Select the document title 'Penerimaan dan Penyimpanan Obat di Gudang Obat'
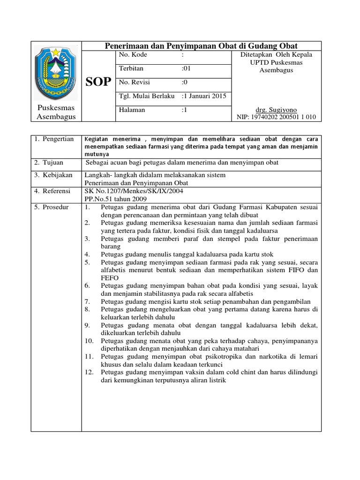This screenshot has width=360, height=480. tap(202, 45)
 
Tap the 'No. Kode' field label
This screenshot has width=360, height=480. tap(133, 55)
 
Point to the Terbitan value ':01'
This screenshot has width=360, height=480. tap(186, 69)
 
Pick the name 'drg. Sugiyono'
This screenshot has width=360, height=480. tap(276, 110)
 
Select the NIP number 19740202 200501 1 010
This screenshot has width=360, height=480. tap(276, 117)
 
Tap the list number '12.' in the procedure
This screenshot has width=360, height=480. tap(90, 373)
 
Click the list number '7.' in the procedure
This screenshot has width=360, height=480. tap(88, 301)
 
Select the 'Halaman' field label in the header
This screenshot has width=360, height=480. tap(132, 110)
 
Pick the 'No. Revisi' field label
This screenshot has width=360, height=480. tap(134, 82)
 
